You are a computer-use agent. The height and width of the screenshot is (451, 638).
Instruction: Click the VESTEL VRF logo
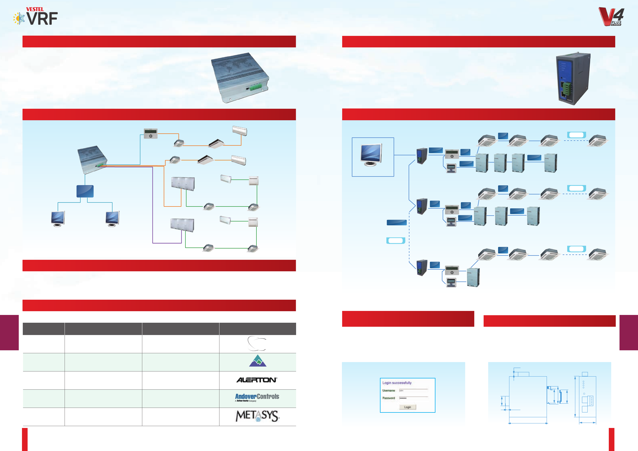36,17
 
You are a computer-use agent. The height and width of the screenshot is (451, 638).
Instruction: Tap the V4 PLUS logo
611,17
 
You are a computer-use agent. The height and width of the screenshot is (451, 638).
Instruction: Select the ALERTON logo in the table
256,380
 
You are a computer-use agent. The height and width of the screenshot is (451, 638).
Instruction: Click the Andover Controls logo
257,397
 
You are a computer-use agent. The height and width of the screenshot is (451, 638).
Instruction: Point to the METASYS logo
257,416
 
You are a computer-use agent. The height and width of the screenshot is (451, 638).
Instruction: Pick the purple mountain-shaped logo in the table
258,361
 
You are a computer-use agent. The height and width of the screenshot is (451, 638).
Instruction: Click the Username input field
413,390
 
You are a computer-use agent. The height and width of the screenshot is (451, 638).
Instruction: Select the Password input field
413,398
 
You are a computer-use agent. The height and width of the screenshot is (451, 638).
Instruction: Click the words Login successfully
397,383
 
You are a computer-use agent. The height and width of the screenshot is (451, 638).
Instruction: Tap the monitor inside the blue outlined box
371,155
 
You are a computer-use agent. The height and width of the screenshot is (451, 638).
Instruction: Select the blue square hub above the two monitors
85,191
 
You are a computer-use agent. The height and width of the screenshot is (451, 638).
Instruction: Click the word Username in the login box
389,390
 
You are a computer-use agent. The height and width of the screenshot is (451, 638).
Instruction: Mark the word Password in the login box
389,398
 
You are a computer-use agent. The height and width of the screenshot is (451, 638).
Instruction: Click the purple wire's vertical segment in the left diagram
152,205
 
